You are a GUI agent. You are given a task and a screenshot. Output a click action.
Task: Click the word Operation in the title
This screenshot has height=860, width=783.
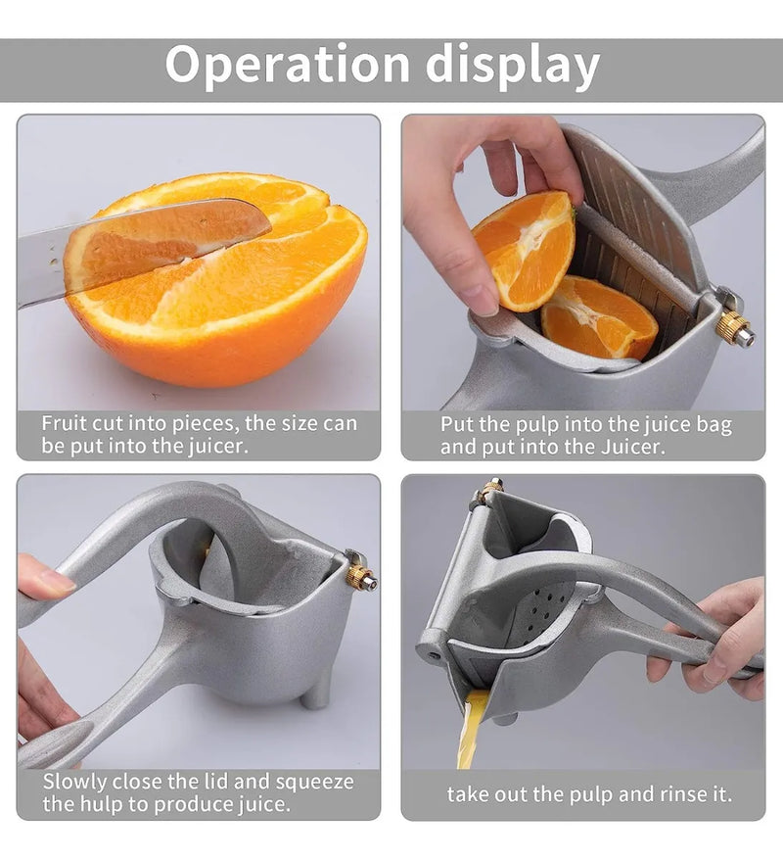[288, 65]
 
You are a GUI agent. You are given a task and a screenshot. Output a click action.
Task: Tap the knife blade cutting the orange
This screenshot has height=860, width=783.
[143, 248]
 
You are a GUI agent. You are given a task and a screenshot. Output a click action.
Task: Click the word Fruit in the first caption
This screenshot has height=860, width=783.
[63, 423]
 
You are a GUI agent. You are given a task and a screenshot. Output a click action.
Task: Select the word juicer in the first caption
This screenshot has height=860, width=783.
[218, 446]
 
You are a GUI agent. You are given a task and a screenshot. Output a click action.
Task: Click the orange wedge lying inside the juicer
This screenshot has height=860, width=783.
[600, 318]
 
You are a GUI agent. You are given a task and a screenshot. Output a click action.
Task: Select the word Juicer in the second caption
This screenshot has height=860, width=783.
[633, 447]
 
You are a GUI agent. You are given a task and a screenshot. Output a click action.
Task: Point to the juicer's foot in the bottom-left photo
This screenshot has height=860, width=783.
[315, 692]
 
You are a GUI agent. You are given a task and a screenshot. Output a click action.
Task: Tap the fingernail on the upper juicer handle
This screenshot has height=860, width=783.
[57, 581]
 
